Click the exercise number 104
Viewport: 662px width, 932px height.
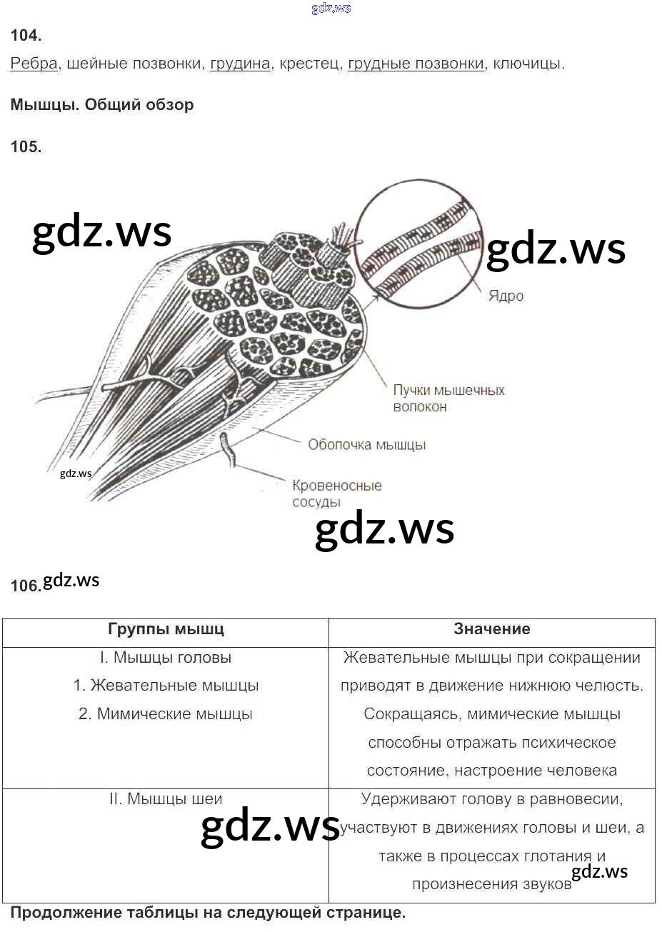[x=26, y=35]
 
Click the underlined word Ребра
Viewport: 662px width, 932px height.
[x=34, y=64]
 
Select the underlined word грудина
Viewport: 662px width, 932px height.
[x=240, y=64]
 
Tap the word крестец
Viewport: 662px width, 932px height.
[x=309, y=64]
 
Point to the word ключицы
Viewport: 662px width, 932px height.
[x=528, y=64]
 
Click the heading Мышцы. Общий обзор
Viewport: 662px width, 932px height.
[x=102, y=105]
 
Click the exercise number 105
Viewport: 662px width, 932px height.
[x=26, y=146]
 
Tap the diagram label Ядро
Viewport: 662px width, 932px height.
[x=506, y=296]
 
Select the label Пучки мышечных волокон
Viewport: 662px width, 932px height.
[x=448, y=399]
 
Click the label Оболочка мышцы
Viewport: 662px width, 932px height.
[x=366, y=445]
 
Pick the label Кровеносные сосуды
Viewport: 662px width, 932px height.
[x=336, y=493]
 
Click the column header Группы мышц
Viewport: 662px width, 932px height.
[x=166, y=629]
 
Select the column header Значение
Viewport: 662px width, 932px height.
[x=492, y=629]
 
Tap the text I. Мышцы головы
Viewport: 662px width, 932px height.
[x=166, y=658]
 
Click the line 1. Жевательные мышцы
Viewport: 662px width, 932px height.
[x=166, y=686]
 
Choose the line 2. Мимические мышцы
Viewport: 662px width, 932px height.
[x=166, y=714]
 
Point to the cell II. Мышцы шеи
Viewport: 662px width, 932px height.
[x=166, y=799]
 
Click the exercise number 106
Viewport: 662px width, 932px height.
[x=26, y=586]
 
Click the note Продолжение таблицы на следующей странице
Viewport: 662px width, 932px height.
[x=208, y=913]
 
